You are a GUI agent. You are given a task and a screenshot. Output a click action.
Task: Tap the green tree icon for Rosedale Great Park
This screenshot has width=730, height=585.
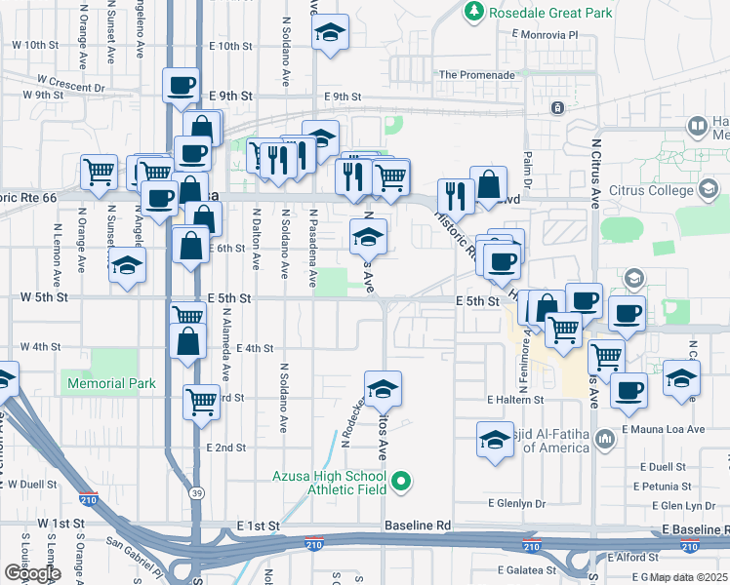coord(473,12)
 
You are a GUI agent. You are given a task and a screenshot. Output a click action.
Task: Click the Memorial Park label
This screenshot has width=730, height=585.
coord(111,383)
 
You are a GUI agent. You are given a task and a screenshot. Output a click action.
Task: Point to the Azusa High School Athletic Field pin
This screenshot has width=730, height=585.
coord(400,481)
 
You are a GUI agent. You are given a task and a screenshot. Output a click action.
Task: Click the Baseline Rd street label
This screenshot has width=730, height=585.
coord(417,526)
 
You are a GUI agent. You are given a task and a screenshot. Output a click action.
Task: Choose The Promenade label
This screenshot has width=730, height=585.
coord(476,74)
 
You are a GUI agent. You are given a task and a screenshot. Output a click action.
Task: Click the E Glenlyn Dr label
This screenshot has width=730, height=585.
coord(517,503)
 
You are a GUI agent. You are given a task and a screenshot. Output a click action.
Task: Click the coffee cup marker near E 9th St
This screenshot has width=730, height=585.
coord(181,87)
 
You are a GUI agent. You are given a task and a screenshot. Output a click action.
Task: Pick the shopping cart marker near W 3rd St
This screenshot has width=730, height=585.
coord(201,399)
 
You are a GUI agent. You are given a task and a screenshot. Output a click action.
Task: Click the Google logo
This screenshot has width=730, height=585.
coord(32,573)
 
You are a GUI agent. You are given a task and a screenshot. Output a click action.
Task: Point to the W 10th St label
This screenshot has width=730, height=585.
coord(35,45)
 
